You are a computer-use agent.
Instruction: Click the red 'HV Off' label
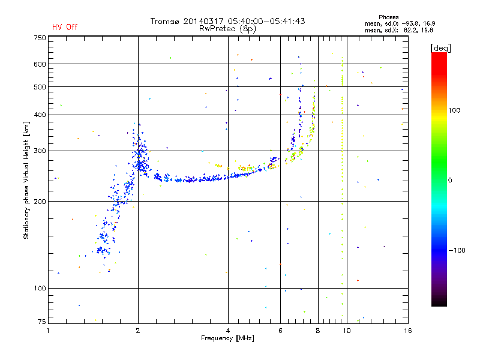pos(64,27)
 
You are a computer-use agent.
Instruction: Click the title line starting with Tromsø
pos(227,21)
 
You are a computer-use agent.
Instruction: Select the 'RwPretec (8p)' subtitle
pos(228,28)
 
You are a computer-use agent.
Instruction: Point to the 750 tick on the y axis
pos(40,38)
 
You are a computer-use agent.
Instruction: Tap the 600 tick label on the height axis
pos(40,64)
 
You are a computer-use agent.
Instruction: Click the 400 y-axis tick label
pos(40,115)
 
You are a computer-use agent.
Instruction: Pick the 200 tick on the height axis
pos(40,201)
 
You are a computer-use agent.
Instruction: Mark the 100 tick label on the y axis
pos(40,288)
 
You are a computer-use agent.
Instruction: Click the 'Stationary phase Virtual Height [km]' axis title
pos(26,180)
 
